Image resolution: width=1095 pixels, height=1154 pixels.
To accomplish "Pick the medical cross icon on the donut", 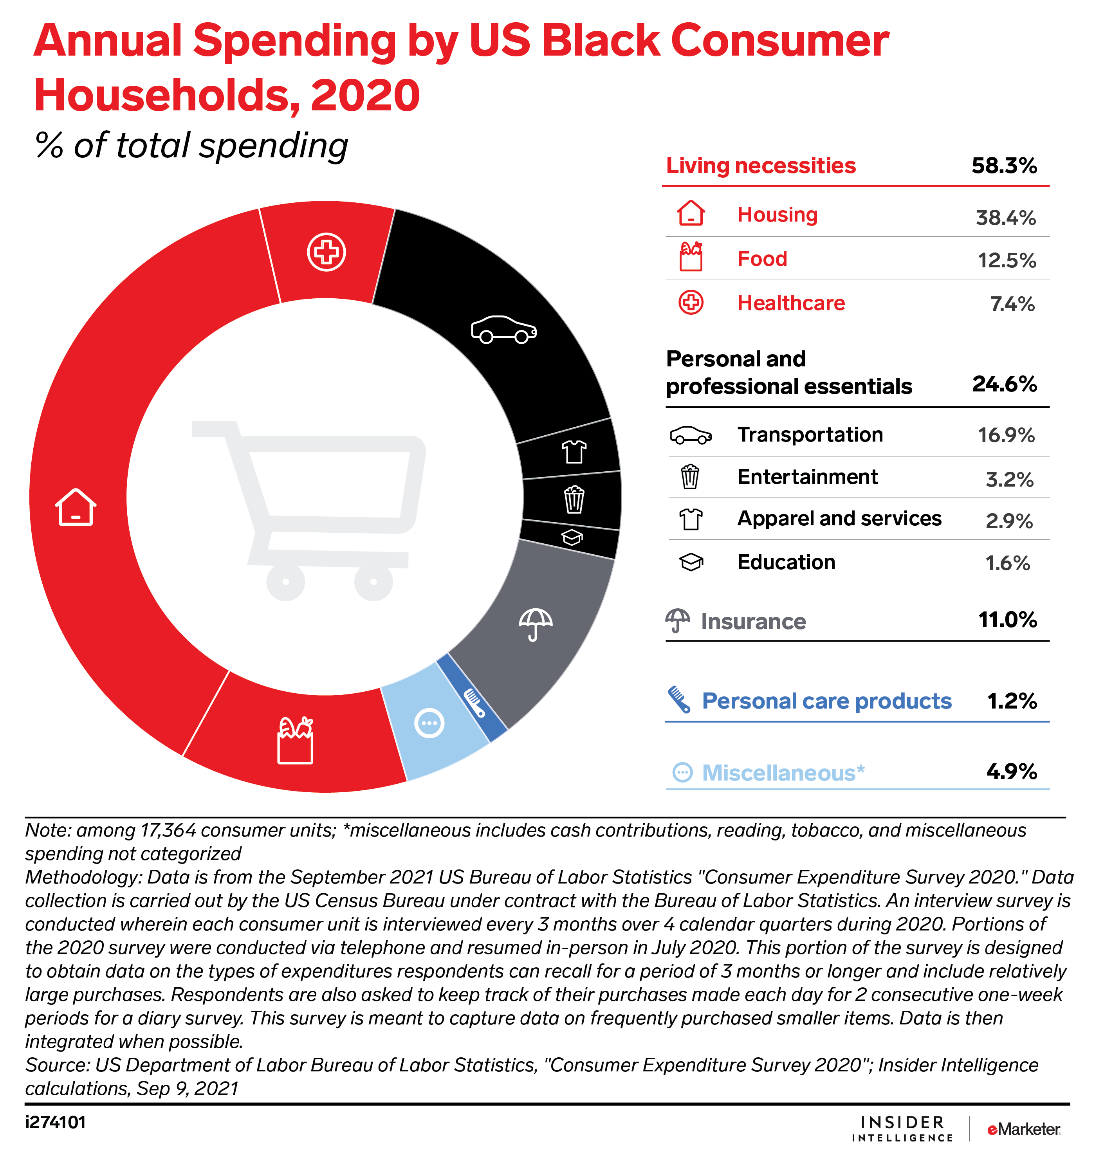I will coord(326,252).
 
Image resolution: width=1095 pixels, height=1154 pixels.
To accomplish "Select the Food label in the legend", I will coord(762,259).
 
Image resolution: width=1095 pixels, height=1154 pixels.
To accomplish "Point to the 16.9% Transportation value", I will coord(1006,435).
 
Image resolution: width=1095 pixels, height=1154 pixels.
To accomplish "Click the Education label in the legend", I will coord(786,562).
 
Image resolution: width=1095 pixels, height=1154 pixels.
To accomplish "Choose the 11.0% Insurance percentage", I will coord(1007,620).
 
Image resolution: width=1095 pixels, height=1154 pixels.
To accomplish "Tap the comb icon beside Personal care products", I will coord(679,700).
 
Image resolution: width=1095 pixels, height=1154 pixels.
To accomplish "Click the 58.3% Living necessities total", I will coord(1004,166).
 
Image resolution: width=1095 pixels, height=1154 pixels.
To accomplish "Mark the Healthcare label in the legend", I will coord(791,303).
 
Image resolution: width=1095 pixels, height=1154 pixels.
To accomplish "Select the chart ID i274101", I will coord(56,1122).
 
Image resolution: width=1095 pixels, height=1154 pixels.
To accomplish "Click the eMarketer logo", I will coord(1023,1129).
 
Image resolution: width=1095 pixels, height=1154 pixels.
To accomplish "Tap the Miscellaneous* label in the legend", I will coord(783,773).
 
